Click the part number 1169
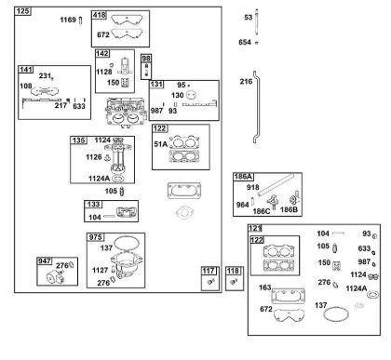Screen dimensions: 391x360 (68, 20)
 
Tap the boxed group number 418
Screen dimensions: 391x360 (100, 15)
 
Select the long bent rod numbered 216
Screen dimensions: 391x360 (255, 107)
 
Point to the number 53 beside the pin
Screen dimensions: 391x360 (249, 18)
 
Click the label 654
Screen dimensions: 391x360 (245, 42)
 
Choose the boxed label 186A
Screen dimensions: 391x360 (243, 177)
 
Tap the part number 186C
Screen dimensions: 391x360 (262, 211)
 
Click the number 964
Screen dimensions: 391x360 (242, 205)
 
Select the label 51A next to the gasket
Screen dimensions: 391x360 (160, 144)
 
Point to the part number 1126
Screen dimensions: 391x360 (94, 157)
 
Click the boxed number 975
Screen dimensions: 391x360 (95, 237)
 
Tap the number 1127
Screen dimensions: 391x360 (100, 270)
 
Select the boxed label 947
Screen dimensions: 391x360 (45, 261)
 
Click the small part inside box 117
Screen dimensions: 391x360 (211, 282)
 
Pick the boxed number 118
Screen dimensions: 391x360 (233, 271)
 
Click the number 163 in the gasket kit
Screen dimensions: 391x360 (265, 287)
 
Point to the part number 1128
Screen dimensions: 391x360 (104, 72)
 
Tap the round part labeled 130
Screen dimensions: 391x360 (191, 95)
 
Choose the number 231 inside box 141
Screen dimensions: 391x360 (45, 76)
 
